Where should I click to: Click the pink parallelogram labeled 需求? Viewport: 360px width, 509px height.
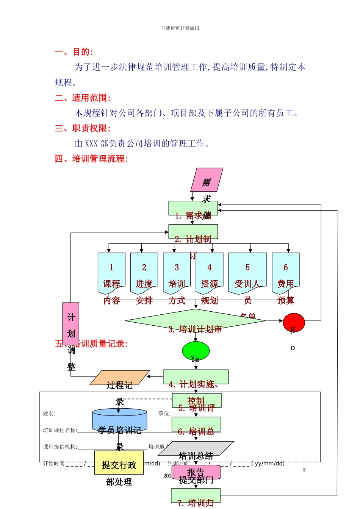[207, 180]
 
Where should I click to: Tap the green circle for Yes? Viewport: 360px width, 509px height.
[196, 351]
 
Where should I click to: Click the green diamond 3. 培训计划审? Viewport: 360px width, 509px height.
[195, 321]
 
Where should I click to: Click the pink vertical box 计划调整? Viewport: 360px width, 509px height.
[71, 324]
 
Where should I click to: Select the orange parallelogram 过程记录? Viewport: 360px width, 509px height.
[120, 378]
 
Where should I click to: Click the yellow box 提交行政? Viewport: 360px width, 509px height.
[119, 462]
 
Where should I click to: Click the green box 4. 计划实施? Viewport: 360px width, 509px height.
[196, 377]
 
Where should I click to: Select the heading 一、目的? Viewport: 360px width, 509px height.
[74, 52]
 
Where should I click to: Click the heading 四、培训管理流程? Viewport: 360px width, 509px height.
[91, 159]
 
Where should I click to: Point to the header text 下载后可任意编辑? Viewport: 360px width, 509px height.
[180, 28]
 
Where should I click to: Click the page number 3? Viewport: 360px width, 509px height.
[304, 470]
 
